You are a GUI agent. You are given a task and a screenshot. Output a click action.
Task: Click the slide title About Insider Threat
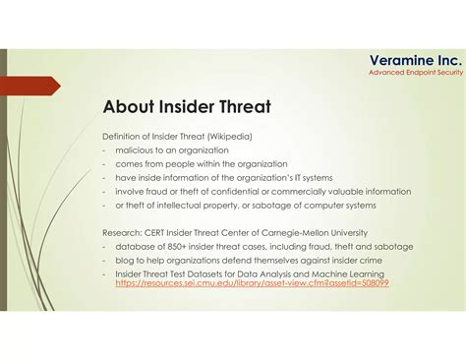click(x=186, y=106)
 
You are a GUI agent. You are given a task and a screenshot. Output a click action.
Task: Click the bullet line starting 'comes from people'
click(x=201, y=163)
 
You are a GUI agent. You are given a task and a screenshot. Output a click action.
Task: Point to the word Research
click(x=122, y=232)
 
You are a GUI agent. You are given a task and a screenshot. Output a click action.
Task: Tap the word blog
click(x=124, y=260)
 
